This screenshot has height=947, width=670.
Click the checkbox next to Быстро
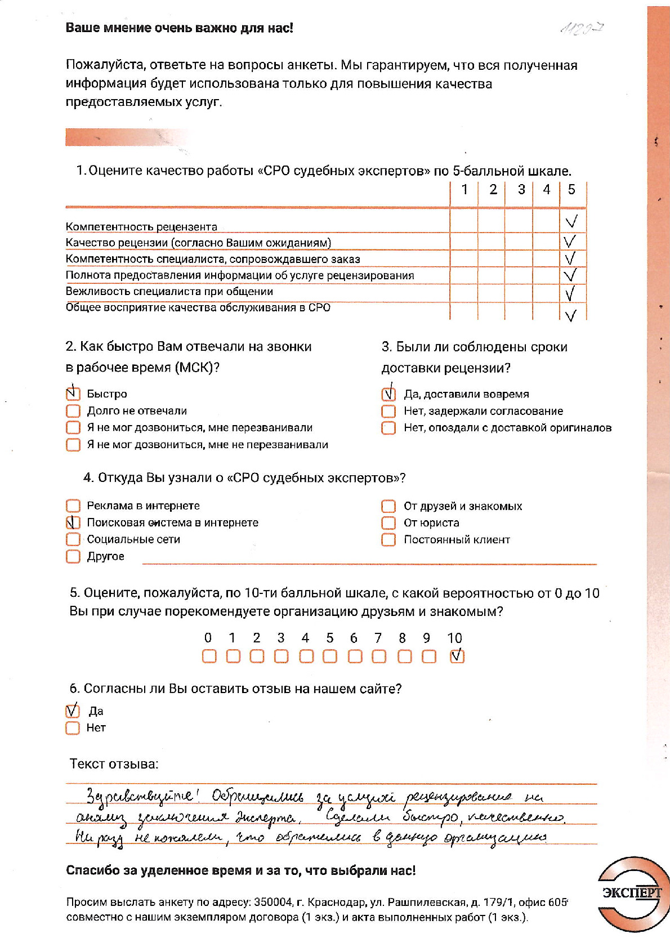73,394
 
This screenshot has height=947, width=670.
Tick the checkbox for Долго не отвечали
73,410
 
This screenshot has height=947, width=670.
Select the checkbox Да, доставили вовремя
388,394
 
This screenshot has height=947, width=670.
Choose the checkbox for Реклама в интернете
73,506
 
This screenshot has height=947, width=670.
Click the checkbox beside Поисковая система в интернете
73,522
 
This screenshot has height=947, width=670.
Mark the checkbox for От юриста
388,522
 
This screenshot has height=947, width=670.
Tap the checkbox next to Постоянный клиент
388,539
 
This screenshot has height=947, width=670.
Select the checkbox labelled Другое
73,556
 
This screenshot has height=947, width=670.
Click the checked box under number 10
457,656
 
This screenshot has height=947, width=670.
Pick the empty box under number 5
330,656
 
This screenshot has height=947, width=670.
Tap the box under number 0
209,656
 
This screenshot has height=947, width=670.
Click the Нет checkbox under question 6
73,728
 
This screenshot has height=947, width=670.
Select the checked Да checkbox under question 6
73,711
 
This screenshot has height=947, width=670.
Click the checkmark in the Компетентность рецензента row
571,221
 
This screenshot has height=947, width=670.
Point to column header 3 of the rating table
521,190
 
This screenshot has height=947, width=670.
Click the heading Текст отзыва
114,764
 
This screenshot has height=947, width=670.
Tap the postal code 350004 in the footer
273,902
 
